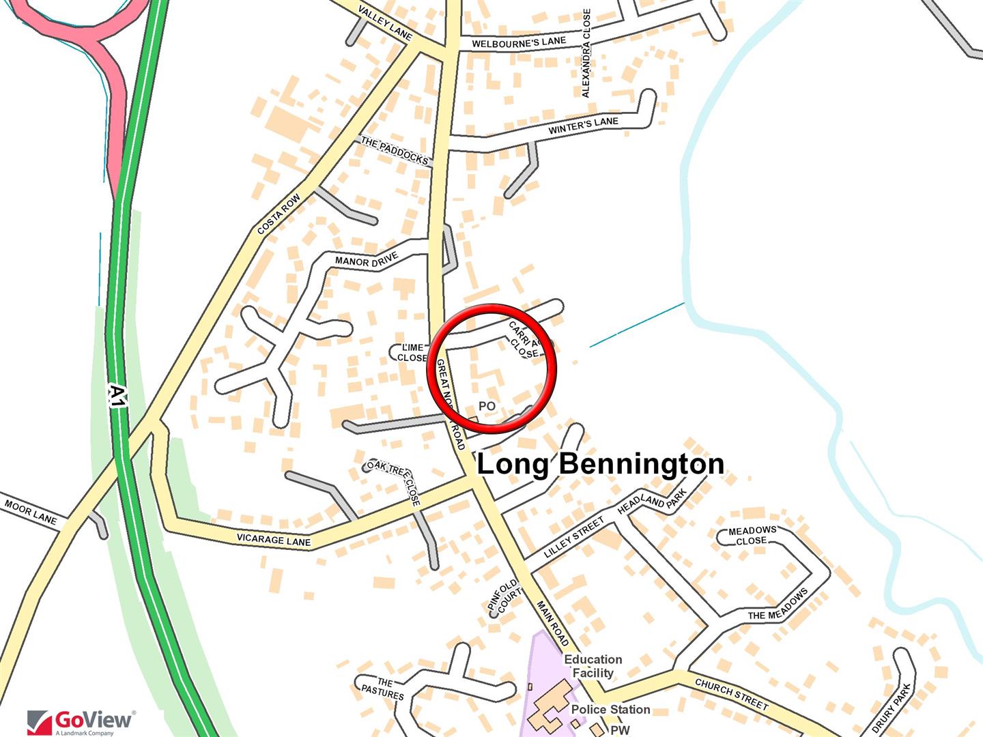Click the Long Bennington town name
(600, 464)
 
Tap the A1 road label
(118, 396)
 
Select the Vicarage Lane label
(274, 540)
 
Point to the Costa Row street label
(279, 215)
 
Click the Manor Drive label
(367, 260)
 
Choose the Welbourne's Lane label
(519, 42)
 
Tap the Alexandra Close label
(586, 53)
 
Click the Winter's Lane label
(583, 126)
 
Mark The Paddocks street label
(395, 151)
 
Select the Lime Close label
(412, 353)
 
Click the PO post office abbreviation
(487, 406)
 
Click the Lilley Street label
(574, 538)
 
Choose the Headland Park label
(652, 502)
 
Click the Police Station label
(610, 710)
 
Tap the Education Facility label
(593, 666)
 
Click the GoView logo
(80, 721)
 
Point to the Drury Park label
(892, 708)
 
